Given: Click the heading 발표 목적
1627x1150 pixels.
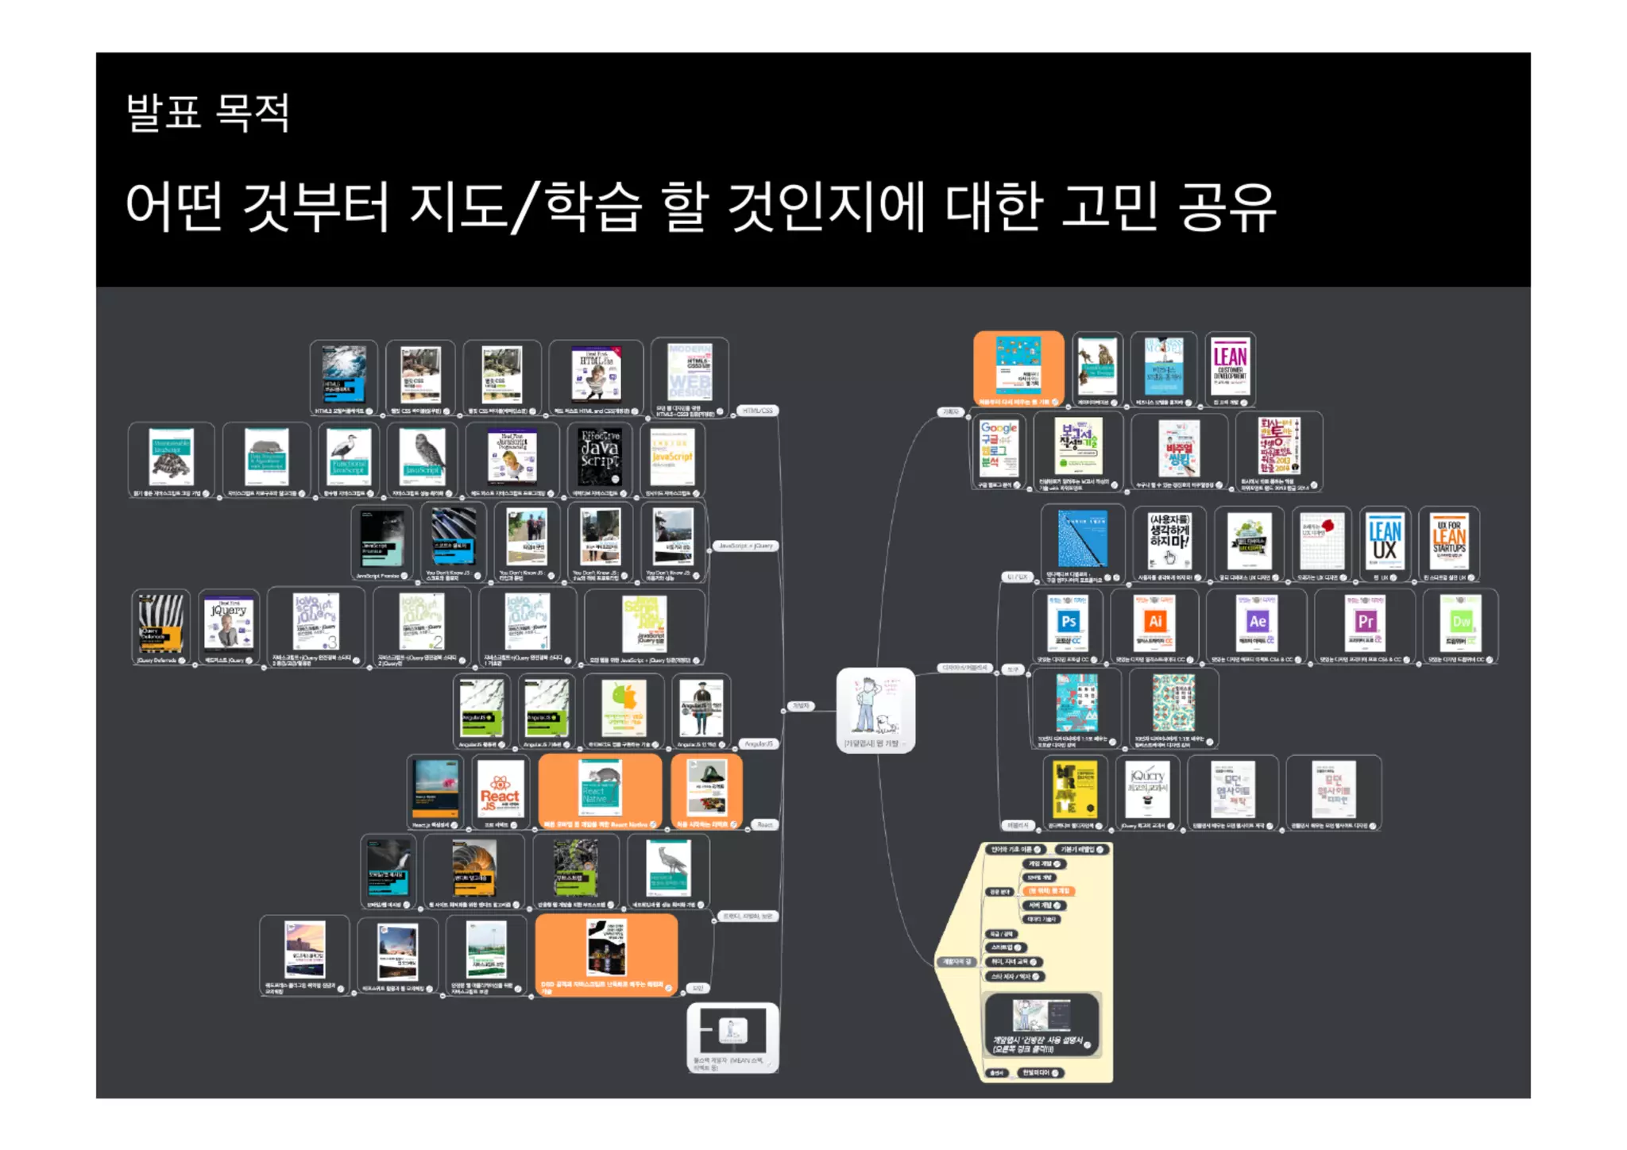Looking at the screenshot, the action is click(x=207, y=112).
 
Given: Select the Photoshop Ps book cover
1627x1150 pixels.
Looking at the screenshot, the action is click(x=1068, y=623).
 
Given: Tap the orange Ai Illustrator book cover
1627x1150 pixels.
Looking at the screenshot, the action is click(x=1154, y=623).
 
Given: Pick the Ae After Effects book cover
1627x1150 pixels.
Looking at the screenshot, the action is click(x=1257, y=623).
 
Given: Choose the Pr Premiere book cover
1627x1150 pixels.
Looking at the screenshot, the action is click(x=1365, y=623).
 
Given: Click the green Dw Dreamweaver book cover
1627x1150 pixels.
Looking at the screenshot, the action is click(x=1461, y=623).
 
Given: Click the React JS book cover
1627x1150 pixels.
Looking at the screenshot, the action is click(x=500, y=789).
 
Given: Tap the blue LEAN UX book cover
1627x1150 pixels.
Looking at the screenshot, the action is click(x=1385, y=541).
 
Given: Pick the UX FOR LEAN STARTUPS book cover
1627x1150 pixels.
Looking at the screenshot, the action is click(x=1449, y=541).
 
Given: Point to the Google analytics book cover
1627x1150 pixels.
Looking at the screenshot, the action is click(x=998, y=447).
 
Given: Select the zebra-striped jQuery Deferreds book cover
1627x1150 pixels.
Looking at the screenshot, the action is click(x=160, y=623).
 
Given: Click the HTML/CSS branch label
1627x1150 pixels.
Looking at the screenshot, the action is click(x=757, y=411).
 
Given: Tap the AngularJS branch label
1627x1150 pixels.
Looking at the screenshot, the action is click(x=758, y=744).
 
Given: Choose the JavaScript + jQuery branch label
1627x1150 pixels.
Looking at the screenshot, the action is click(x=745, y=546).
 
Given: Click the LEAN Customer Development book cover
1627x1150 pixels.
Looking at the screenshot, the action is click(x=1229, y=365).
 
